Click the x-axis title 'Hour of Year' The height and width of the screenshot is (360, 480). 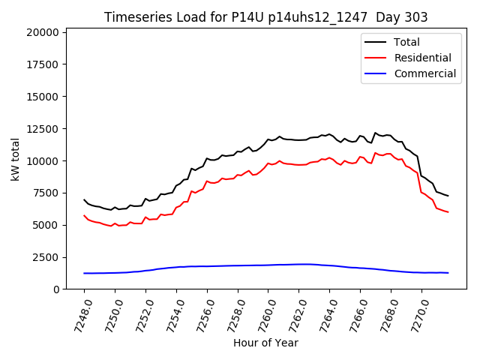pyautogui.click(x=265, y=343)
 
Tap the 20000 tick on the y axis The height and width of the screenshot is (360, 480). pyautogui.click(x=42, y=33)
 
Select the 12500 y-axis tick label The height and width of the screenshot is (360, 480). pyautogui.click(x=42, y=129)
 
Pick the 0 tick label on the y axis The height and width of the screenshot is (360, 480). pyautogui.click(x=56, y=289)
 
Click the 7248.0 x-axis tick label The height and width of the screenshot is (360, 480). pyautogui.click(x=78, y=313)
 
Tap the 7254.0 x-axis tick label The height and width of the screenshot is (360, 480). pyautogui.click(x=170, y=313)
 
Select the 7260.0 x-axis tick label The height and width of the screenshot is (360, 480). pyautogui.click(x=262, y=313)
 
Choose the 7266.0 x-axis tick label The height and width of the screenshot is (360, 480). pyautogui.click(x=355, y=313)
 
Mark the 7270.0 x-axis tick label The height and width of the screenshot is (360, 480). pyautogui.click(x=416, y=313)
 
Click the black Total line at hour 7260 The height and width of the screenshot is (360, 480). pyautogui.click(x=268, y=139)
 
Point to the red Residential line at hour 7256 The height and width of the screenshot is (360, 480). pyautogui.click(x=207, y=181)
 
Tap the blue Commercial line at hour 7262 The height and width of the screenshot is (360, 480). pyautogui.click(x=299, y=264)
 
